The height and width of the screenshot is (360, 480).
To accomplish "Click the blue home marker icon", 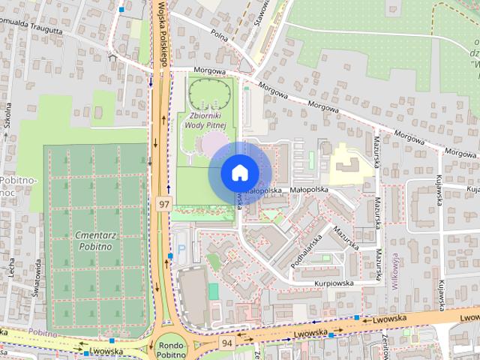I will [x=238, y=172].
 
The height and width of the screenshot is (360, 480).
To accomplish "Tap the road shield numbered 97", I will [x=163, y=203].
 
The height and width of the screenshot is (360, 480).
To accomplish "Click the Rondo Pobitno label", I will [x=172, y=349].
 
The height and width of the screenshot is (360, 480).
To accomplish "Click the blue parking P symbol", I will [x=180, y=248].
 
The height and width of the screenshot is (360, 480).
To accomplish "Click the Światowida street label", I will [x=35, y=279].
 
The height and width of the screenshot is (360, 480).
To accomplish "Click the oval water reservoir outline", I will [x=210, y=94].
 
